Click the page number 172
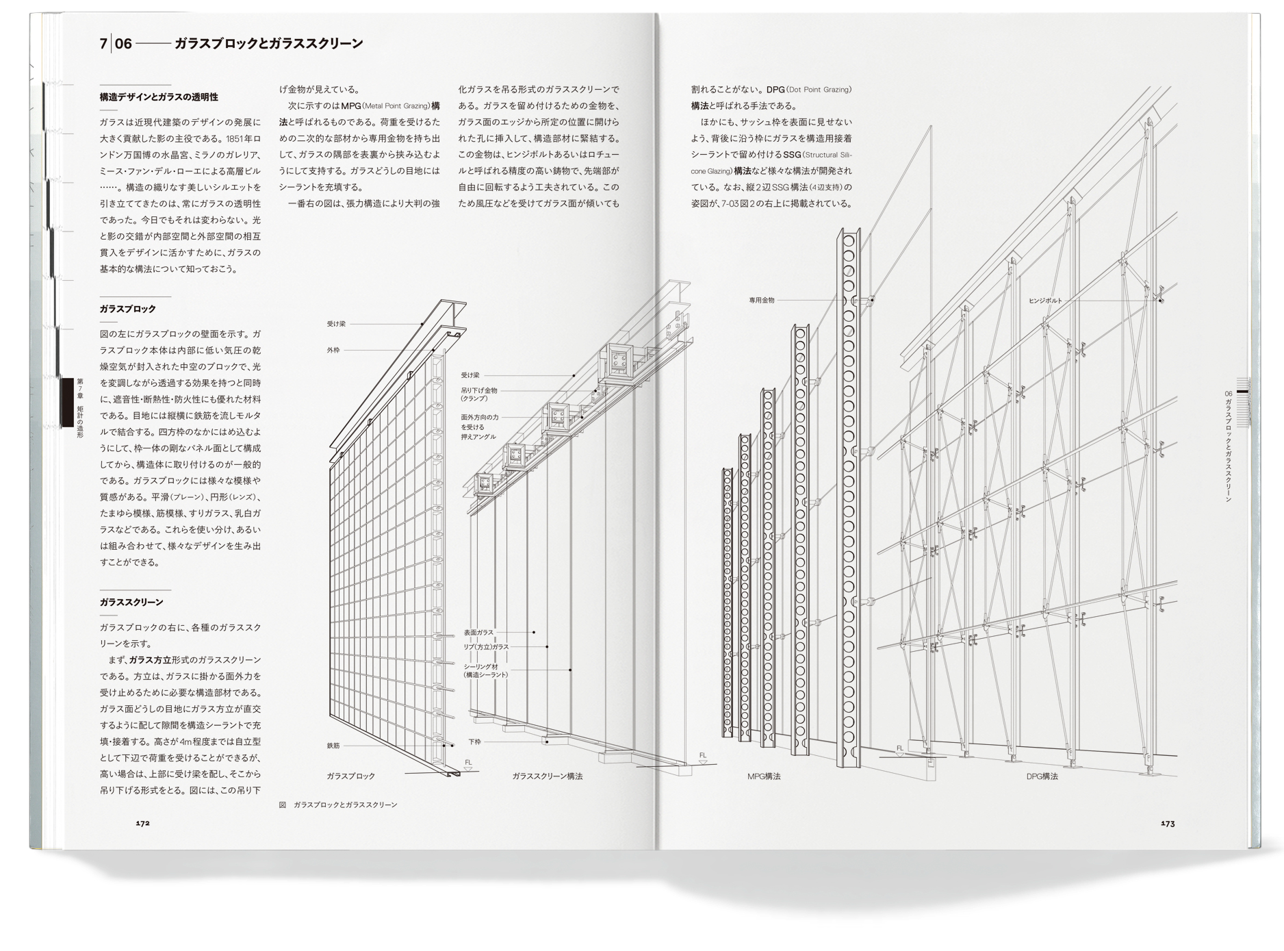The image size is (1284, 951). [142, 824]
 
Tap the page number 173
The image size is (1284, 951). [1168, 824]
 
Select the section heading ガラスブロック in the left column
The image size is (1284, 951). [128, 309]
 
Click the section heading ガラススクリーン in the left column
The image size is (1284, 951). [131, 603]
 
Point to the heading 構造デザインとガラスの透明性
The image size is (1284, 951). [159, 97]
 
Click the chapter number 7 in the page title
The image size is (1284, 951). [103, 44]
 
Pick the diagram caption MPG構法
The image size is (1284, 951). [764, 776]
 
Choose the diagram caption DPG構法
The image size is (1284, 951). [1042, 776]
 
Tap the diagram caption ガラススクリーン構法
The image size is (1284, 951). [548, 776]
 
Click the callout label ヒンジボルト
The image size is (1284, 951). [1045, 301]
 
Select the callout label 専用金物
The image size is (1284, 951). [762, 300]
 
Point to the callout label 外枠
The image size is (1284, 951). [333, 351]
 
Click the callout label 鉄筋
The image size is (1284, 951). [333, 746]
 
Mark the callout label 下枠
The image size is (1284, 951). [474, 741]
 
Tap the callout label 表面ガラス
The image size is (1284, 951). [478, 633]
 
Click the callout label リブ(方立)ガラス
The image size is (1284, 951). [486, 647]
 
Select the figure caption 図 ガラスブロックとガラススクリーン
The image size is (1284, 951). [338, 805]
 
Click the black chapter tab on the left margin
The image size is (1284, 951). [68, 403]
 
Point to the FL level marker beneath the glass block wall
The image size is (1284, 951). [469, 765]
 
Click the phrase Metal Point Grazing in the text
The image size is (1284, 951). [396, 106]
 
